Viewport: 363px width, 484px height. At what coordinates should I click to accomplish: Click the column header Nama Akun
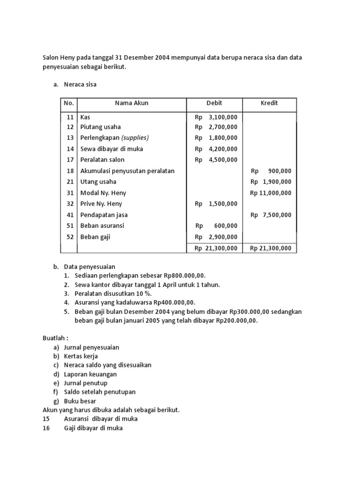[131, 103]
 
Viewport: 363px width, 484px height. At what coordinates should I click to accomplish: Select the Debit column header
[214, 103]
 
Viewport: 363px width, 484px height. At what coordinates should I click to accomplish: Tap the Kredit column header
[269, 103]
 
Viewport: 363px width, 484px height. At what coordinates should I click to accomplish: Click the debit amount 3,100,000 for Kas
[223, 116]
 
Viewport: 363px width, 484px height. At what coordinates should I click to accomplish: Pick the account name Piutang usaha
[100, 127]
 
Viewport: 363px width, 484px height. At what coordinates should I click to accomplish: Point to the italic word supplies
[135, 138]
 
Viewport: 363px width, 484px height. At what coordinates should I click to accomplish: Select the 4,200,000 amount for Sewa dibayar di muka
[223, 149]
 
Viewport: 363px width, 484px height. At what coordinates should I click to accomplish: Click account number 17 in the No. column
[70, 160]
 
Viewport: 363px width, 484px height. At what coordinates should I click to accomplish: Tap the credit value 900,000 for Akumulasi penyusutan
[279, 171]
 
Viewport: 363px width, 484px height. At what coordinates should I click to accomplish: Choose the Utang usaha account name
[98, 182]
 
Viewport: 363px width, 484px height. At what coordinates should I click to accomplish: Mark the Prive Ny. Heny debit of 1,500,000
[223, 204]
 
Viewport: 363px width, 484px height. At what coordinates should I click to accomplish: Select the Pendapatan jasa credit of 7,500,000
[277, 215]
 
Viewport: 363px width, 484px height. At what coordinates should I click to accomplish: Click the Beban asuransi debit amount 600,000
[225, 226]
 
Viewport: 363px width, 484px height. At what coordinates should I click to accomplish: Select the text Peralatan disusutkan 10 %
[113, 294]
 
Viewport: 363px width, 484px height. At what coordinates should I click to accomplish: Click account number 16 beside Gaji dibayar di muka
[46, 428]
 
